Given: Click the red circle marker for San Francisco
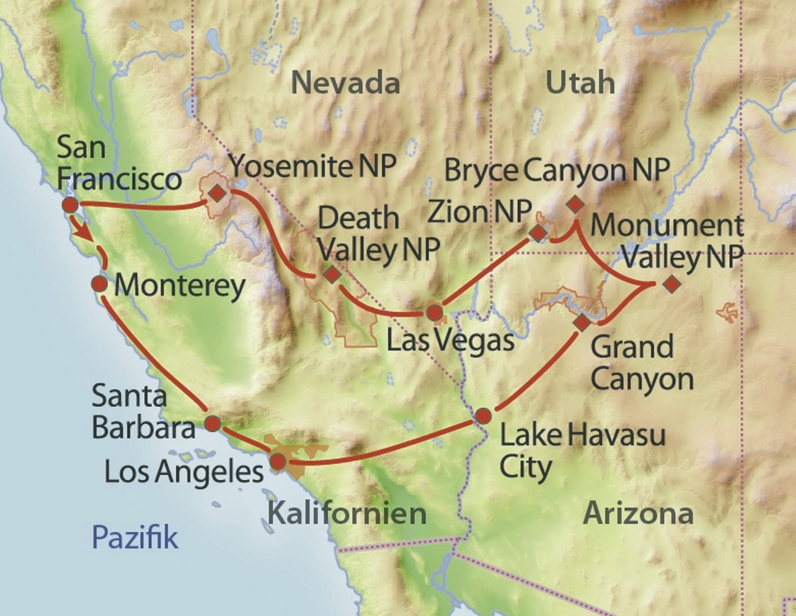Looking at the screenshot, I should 70,205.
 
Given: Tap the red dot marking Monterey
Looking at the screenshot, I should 99,284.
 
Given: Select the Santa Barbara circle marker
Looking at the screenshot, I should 213,424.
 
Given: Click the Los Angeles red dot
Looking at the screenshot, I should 278,461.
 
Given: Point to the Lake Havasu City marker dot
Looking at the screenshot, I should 483,416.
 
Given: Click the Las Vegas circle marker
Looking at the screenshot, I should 434,312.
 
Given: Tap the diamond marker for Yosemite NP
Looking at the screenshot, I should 217,193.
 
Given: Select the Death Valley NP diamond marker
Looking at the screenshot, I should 332,274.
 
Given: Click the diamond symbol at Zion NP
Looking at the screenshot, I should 538,233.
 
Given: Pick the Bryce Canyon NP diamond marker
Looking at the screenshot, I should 575,204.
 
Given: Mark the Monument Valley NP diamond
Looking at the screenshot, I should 672,284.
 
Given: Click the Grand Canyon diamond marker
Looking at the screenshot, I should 582,322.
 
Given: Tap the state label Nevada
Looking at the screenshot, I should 345,83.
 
